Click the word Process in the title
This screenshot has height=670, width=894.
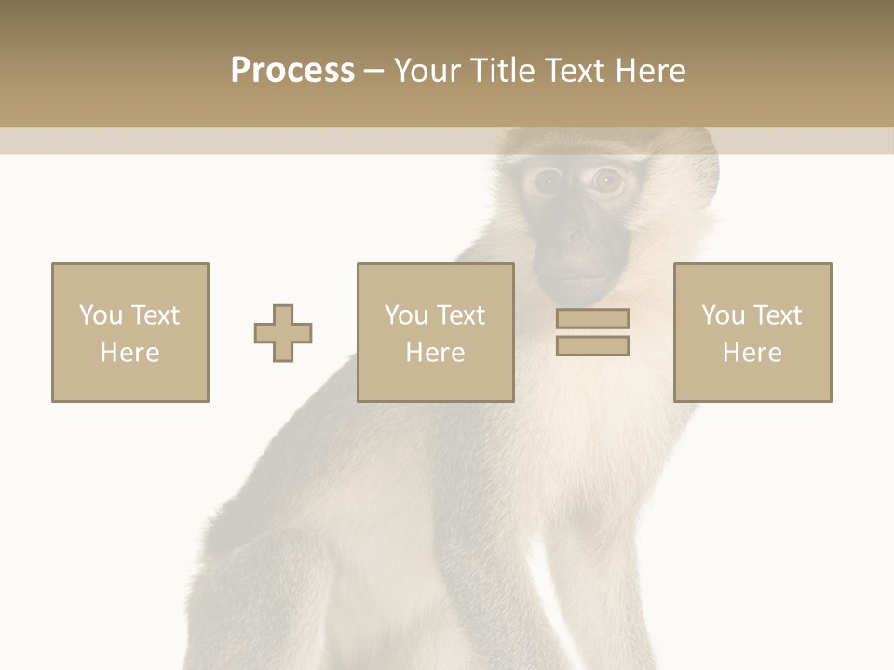[292, 71]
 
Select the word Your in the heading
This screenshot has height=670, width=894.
[427, 71]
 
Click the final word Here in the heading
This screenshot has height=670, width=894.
[650, 71]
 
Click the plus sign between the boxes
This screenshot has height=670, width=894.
[283, 333]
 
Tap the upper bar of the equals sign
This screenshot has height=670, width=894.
[592, 318]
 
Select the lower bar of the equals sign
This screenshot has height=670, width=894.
[592, 346]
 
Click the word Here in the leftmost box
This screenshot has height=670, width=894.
[130, 353]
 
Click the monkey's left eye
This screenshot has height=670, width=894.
[547, 181]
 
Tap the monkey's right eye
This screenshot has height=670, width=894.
[607, 181]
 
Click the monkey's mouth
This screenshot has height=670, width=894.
[578, 276]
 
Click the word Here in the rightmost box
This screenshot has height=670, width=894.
[752, 353]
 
